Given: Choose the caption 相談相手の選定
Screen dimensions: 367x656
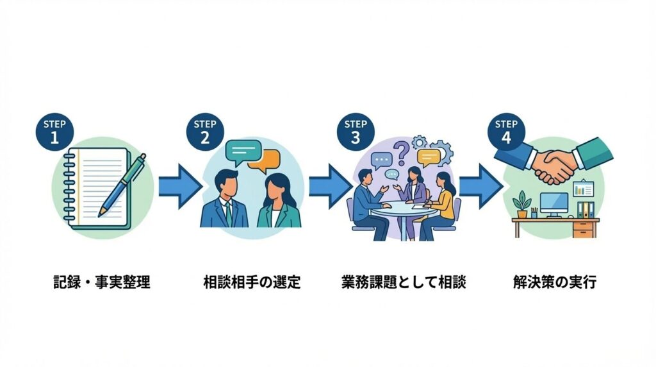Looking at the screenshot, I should [x=252, y=282].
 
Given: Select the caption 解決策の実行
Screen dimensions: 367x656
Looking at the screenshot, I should [x=555, y=282].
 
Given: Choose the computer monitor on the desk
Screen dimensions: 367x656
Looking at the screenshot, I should [x=554, y=205].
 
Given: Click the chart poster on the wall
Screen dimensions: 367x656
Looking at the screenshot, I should [x=584, y=189].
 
